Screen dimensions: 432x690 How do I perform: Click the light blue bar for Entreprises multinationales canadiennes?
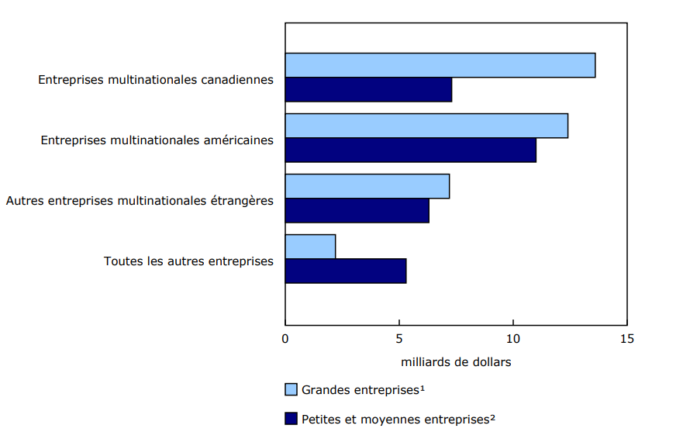pyautogui.click(x=440, y=65)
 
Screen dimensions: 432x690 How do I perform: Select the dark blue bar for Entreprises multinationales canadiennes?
pyautogui.click(x=368, y=89)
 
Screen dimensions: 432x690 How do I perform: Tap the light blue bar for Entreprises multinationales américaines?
pyautogui.click(x=426, y=126)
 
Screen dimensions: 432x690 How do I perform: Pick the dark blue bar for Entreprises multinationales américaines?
pyautogui.click(x=410, y=150)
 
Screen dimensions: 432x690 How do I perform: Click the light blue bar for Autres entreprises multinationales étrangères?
pyautogui.click(x=367, y=186)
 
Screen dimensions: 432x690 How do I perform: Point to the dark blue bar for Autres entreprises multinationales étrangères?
pyautogui.click(x=357, y=210)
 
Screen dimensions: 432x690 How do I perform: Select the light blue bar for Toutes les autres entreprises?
pyautogui.click(x=310, y=247)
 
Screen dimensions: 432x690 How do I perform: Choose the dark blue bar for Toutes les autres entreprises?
pyautogui.click(x=345, y=271)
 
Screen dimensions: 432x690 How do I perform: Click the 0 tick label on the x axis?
pyautogui.click(x=285, y=339)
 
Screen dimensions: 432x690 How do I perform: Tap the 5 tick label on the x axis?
pyautogui.click(x=399, y=339)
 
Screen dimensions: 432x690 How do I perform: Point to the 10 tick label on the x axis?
pyautogui.click(x=512, y=339)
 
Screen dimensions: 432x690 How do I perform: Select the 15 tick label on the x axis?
pyautogui.click(x=626, y=339)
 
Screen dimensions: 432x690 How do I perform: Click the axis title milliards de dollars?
pyautogui.click(x=456, y=362)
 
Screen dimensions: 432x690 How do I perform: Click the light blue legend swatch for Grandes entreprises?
pyautogui.click(x=292, y=389)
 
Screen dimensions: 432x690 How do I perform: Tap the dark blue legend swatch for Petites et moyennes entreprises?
pyautogui.click(x=292, y=419)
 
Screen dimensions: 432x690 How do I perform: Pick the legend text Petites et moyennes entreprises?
pyautogui.click(x=398, y=419)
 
